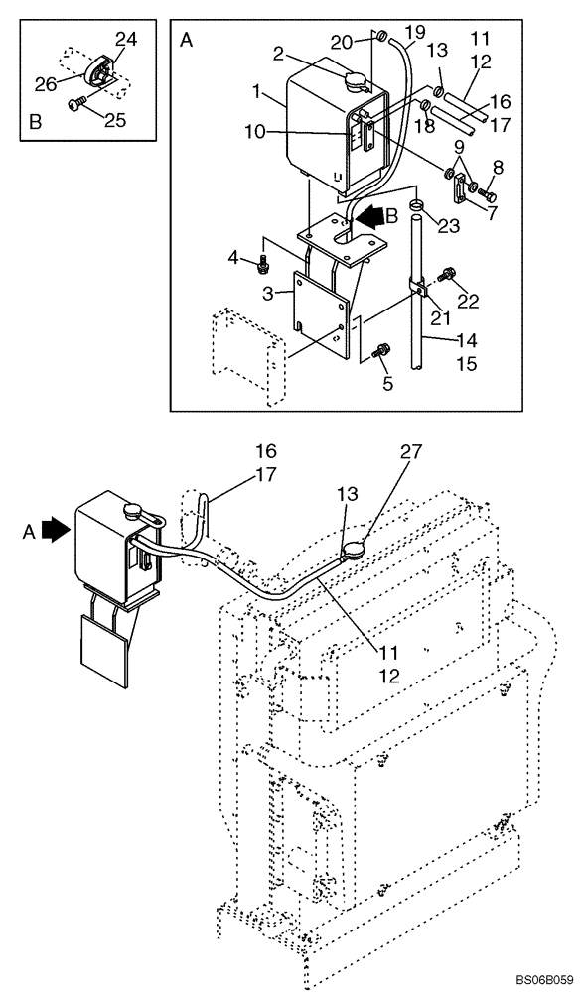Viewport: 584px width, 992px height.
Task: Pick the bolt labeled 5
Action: click(x=382, y=350)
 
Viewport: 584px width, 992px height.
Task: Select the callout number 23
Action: click(x=449, y=225)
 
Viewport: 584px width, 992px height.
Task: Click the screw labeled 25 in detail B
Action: click(x=77, y=102)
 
